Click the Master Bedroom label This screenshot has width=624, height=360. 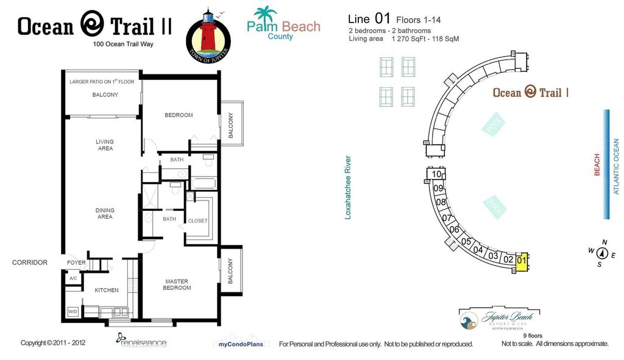178,284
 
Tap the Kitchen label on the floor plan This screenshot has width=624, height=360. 107,290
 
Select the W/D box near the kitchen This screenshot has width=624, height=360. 73,311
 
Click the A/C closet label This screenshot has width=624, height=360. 73,278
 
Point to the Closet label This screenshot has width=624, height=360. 197,221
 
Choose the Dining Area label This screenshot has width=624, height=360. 105,214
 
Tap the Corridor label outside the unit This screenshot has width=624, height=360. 29,263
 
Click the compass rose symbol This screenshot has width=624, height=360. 602,253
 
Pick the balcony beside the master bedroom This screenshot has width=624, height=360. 230,272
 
